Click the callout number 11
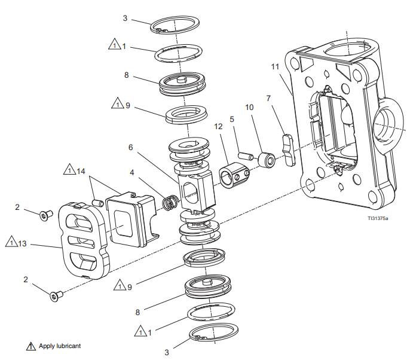[275, 67]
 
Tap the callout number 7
[268, 97]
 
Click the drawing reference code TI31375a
[378, 218]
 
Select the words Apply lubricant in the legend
[60, 346]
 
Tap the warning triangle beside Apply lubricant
[30, 346]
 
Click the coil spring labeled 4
[170, 203]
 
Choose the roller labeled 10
[265, 160]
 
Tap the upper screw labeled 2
[43, 215]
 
